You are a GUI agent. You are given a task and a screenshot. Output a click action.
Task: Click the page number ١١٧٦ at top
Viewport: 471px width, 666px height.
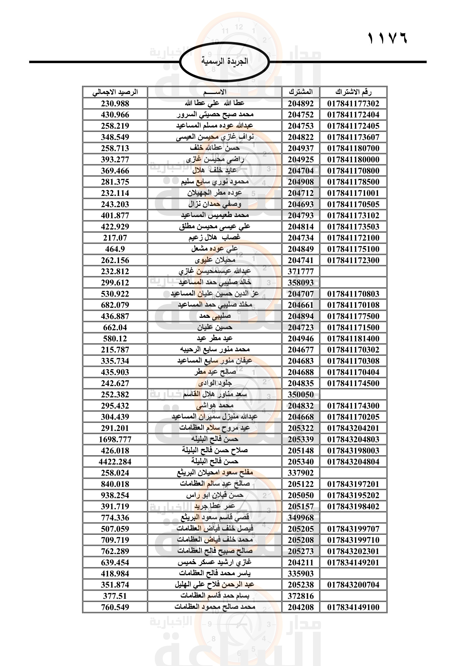387,38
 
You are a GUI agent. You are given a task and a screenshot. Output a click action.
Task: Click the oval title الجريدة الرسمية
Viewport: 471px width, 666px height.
224,62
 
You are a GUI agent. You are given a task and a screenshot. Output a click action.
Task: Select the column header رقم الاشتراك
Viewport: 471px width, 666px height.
353,92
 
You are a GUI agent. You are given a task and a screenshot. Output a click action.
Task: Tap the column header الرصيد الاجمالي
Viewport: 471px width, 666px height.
115,92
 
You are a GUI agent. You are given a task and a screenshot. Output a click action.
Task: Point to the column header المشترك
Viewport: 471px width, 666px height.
300,92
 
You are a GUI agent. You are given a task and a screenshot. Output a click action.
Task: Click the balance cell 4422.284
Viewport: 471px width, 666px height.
115,462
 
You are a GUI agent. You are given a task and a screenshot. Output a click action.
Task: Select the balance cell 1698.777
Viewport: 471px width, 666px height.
115,439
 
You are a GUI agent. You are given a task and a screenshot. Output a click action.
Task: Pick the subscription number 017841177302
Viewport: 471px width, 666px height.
353,104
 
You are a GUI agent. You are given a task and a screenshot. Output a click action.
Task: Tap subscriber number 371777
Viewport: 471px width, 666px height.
300,272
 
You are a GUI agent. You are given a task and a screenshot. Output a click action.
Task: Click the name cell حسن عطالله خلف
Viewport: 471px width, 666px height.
215,148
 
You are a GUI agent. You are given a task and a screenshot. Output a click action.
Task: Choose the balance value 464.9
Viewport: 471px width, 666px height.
115,249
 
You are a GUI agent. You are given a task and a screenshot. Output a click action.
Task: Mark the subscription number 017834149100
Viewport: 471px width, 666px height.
353,607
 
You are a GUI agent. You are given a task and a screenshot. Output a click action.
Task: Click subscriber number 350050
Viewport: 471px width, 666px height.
300,394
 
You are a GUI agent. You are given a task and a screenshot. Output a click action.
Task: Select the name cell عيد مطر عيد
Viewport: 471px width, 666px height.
215,339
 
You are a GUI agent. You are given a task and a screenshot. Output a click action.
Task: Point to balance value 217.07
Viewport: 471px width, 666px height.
115,238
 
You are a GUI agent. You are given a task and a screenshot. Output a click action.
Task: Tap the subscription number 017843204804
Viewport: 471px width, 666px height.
353,462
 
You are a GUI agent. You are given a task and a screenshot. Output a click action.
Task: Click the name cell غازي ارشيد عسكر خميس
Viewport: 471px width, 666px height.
215,562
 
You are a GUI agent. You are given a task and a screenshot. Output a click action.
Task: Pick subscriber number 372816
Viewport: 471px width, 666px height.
300,596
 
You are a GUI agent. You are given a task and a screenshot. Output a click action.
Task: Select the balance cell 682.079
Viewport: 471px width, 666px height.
115,305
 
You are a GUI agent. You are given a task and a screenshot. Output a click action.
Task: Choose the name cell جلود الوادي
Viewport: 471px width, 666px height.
215,383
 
